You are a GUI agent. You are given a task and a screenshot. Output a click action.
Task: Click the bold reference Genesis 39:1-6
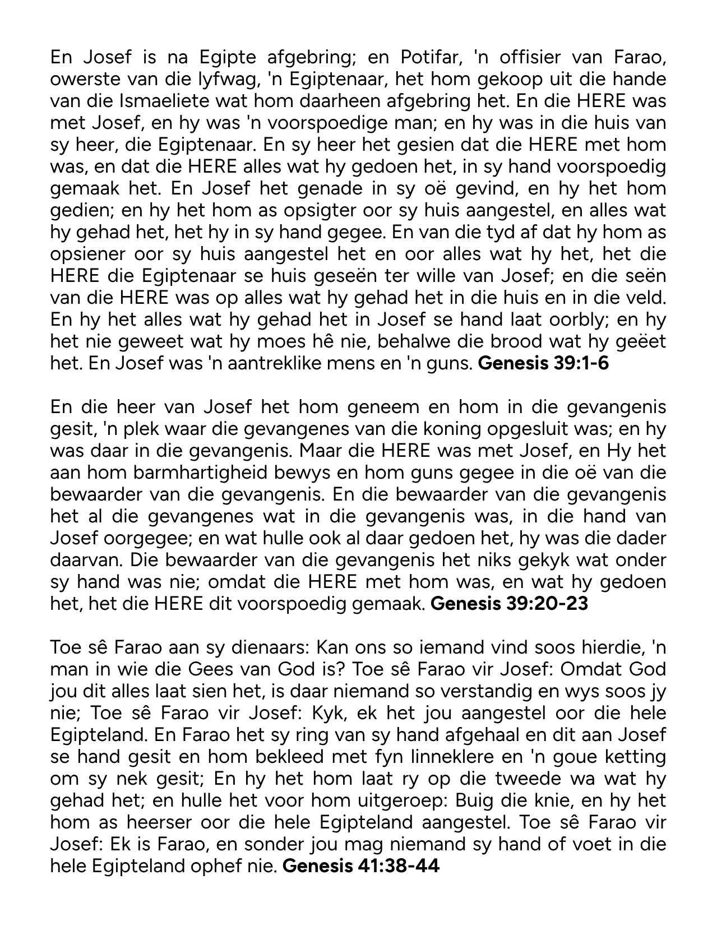[x=543, y=363]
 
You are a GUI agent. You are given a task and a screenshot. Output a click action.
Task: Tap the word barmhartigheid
[x=232, y=473]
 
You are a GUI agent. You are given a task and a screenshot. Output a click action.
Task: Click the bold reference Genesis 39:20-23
[x=509, y=604]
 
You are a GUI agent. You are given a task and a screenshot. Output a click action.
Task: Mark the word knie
[x=545, y=801]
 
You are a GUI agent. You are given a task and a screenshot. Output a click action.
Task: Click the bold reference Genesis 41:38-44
[x=360, y=867]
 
